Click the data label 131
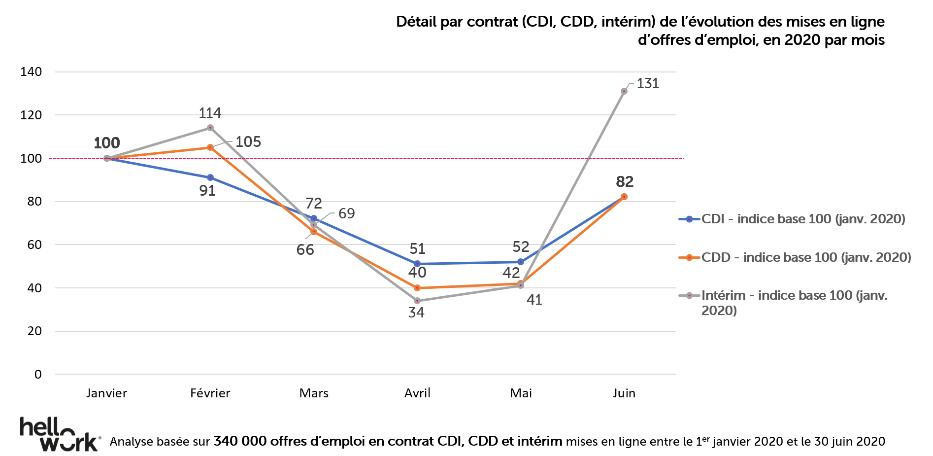point(647,84)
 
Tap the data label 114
point(210,113)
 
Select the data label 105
point(248,142)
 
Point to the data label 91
point(207,191)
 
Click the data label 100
point(106,143)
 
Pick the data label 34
point(416,313)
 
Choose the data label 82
point(625,182)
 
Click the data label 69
point(346,213)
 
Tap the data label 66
point(305,250)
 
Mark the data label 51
point(417,249)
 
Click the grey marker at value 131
point(624,91)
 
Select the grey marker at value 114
point(210,128)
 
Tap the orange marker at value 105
point(210,147)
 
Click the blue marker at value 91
point(210,177)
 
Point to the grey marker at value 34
point(417,301)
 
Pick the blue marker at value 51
point(417,264)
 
